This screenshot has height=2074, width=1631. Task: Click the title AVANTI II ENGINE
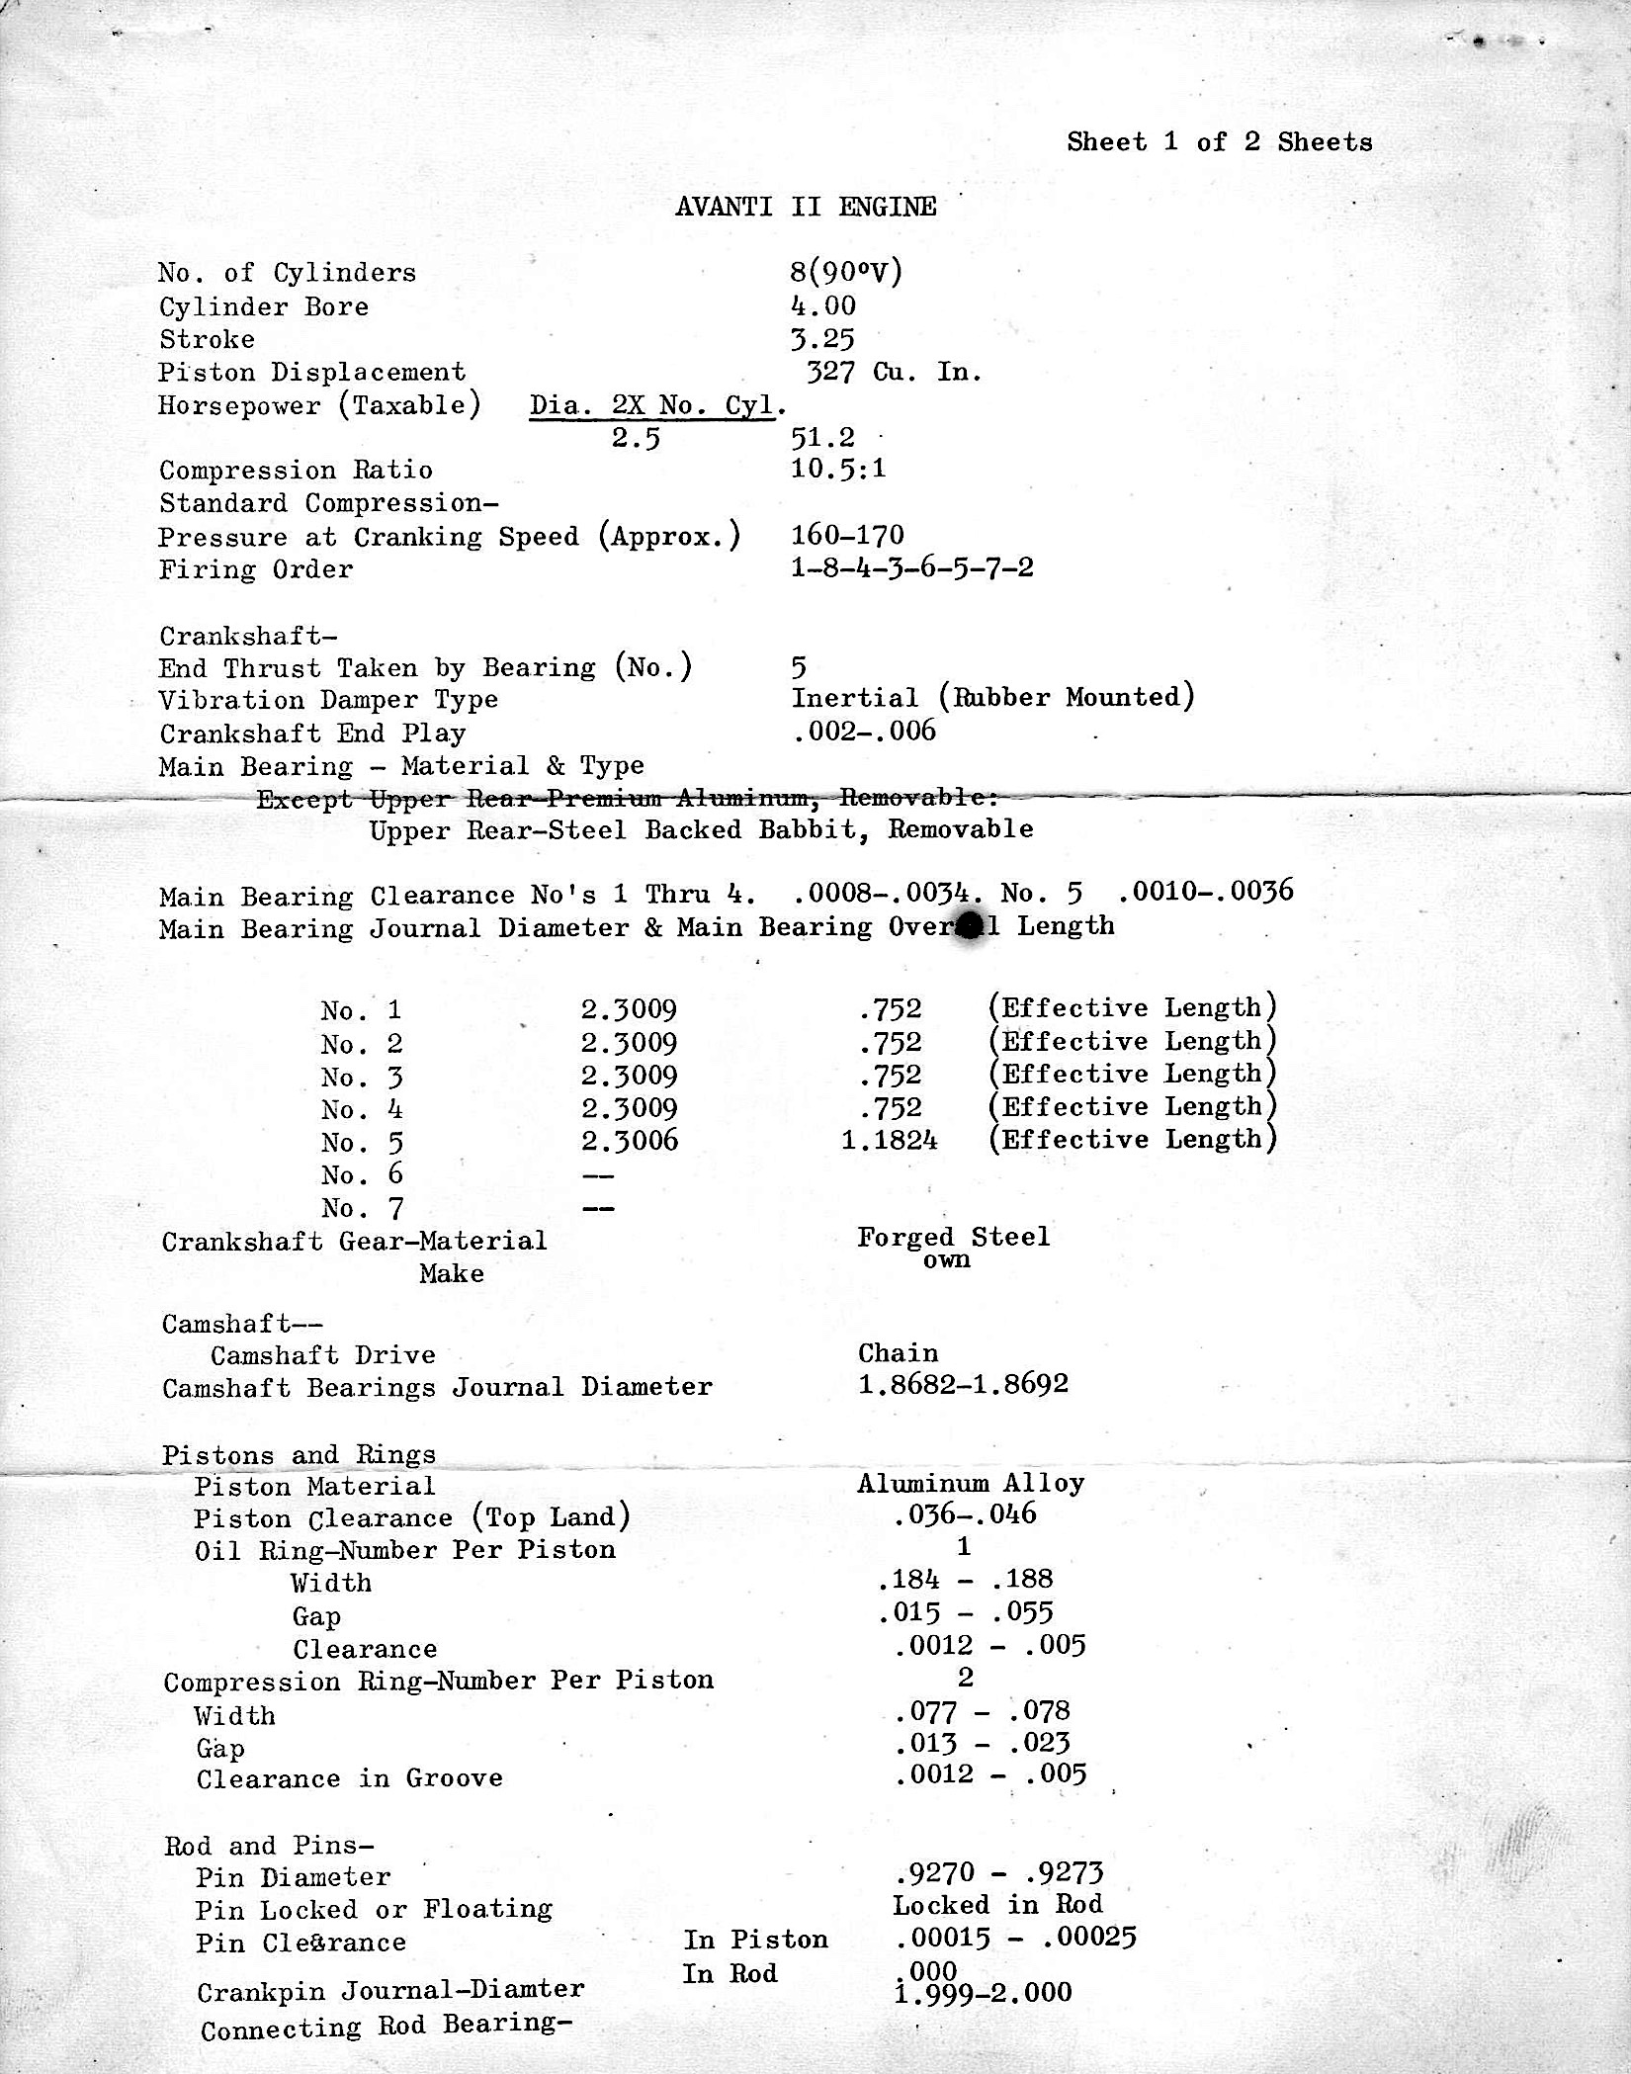(x=806, y=207)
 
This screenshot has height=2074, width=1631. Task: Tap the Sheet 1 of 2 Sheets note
(x=1219, y=142)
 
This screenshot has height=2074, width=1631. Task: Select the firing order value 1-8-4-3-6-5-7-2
(x=911, y=568)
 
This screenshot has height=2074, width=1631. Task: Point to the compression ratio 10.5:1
(x=838, y=468)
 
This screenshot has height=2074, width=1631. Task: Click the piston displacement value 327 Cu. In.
(x=894, y=373)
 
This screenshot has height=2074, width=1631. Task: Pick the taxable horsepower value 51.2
(x=822, y=437)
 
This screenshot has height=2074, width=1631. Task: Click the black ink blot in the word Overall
(x=970, y=926)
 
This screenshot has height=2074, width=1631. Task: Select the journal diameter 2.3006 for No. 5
(x=630, y=1141)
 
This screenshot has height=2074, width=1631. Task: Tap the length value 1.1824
(x=889, y=1141)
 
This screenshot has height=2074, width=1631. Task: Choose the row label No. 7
(x=362, y=1208)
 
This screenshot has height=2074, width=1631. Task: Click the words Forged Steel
(x=953, y=1237)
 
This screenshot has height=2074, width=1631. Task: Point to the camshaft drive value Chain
(x=898, y=1353)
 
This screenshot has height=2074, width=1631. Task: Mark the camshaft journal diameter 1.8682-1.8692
(x=963, y=1384)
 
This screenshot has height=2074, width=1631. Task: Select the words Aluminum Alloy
(x=971, y=1483)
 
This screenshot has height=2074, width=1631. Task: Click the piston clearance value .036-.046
(x=965, y=1514)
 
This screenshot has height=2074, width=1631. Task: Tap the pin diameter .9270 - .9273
(x=997, y=1872)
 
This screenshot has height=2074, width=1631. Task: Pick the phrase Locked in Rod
(x=997, y=1905)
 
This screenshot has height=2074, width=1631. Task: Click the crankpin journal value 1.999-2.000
(x=983, y=1992)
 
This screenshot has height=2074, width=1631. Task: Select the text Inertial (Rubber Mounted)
(x=992, y=698)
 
